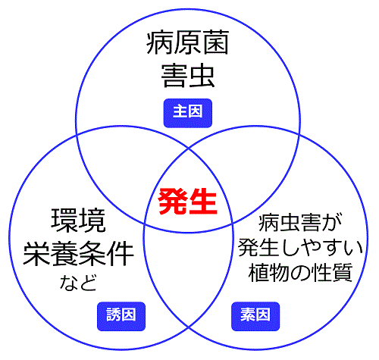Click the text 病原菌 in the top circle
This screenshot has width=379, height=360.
tap(188, 42)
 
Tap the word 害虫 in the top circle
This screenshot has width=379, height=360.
tap(188, 76)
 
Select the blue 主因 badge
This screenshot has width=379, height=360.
tap(188, 113)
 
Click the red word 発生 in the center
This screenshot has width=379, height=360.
tap(187, 202)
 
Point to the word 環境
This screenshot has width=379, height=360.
tap(78, 221)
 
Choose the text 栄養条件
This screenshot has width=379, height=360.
tap(78, 253)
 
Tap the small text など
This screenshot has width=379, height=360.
tap(78, 283)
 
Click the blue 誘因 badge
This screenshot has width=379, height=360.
tap(121, 316)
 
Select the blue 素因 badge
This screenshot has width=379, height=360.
tap(255, 316)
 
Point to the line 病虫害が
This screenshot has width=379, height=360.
tap(300, 223)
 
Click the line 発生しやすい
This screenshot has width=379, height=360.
tap(300, 248)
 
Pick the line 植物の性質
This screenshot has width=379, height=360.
tap(300, 273)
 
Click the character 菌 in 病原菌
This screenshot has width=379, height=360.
tap(216, 42)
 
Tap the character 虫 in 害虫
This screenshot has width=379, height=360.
tap(202, 76)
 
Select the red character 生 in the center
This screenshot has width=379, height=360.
tap(203, 202)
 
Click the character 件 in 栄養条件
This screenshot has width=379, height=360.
tap(121, 253)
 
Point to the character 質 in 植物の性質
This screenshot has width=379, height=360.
tap(343, 273)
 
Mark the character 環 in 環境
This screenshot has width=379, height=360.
tap(64, 221)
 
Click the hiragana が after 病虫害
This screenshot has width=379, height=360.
tap(332, 223)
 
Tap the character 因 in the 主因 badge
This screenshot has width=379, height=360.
tap(196, 111)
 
